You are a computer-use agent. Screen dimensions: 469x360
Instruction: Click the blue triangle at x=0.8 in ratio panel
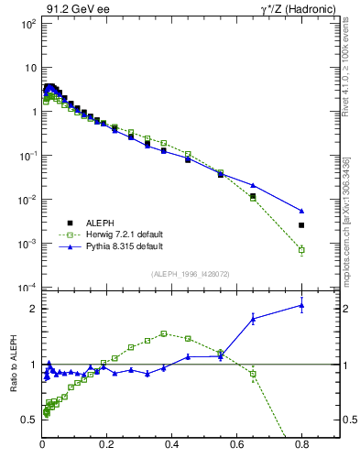click(x=301, y=306)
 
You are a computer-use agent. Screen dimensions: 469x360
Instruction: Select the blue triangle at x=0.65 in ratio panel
click(x=253, y=318)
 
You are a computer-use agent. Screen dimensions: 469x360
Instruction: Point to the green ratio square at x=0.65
click(x=253, y=374)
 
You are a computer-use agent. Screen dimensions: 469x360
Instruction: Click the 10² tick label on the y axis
click(x=29, y=24)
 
